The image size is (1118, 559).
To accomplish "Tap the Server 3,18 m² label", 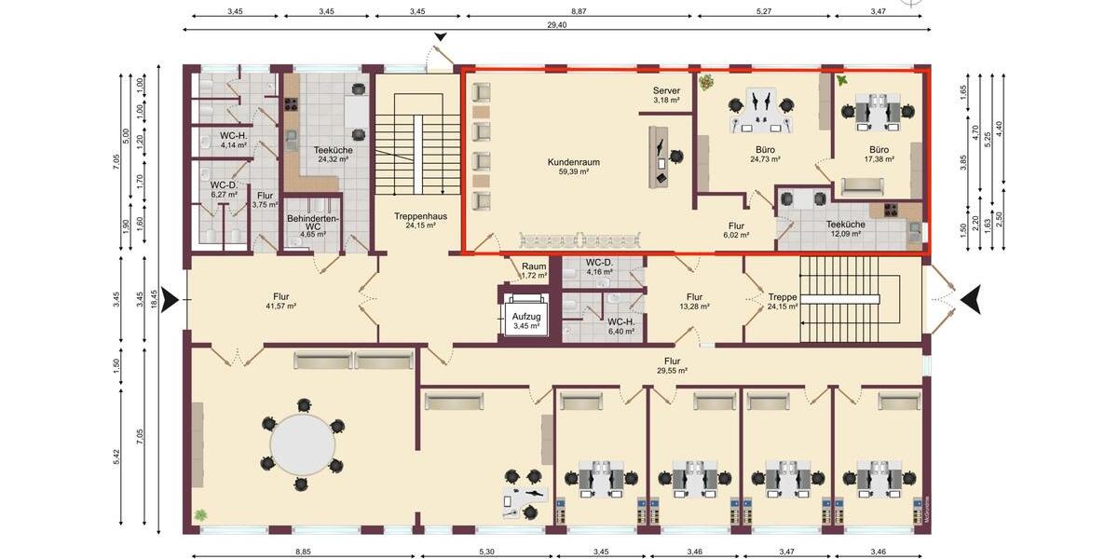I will (665, 94).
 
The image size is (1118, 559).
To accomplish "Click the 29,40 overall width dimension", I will (559, 25).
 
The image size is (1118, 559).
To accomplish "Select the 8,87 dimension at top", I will (579, 10).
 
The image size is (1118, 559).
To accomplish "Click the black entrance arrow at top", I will (440, 37).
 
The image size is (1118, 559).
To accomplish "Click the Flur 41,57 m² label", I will (279, 300).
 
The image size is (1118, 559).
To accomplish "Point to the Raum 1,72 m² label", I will (533, 270).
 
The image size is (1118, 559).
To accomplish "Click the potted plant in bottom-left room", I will (200, 514).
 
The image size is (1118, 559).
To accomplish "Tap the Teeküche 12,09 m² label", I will (845, 228).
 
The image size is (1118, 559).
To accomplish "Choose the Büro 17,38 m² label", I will (879, 154).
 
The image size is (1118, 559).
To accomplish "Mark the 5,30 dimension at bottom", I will (486, 552).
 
